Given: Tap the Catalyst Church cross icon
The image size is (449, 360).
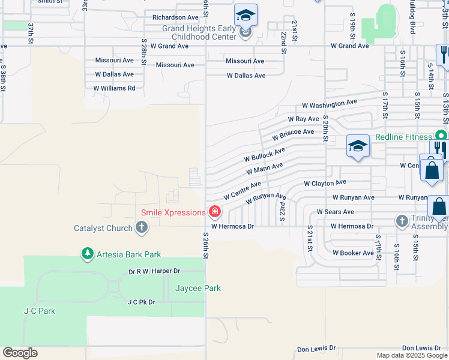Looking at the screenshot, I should tap(142, 227).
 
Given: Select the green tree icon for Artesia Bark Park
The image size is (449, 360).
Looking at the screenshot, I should tap(88, 254).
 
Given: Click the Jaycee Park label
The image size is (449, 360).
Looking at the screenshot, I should tap(197, 288).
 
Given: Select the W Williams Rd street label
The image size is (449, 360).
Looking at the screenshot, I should tap(114, 88).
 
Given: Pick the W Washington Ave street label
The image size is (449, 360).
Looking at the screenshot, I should tap(330, 104).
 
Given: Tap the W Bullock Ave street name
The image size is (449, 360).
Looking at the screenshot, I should tap(264, 155).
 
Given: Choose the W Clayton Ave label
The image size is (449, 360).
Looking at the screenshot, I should tap(325, 182).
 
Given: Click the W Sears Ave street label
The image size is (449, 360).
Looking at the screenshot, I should tap(335, 212).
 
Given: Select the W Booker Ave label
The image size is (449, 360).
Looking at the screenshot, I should tap(353, 253).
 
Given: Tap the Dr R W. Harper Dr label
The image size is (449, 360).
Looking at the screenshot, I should tap(154, 271).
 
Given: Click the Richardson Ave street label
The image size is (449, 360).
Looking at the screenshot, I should tap(175, 17).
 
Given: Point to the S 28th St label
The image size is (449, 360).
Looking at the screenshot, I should tap(144, 52).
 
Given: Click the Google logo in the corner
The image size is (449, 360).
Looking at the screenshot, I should tap(20, 353).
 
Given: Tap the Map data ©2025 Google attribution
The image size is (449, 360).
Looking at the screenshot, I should tap(412, 355).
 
